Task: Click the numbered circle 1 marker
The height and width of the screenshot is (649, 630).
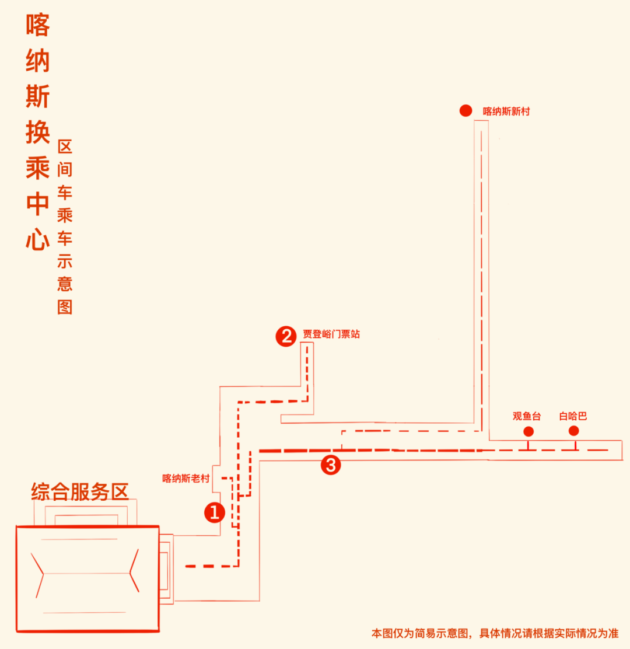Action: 214,512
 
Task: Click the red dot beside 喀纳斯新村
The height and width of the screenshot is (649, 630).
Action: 465,111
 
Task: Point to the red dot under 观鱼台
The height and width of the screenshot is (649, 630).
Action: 528,431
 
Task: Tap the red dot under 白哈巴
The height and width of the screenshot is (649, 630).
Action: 573,431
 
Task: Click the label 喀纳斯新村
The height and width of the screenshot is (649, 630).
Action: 506,111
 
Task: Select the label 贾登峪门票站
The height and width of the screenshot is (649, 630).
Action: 331,334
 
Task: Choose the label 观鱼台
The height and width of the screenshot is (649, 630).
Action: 527,416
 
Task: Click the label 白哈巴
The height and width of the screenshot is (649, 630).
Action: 573,416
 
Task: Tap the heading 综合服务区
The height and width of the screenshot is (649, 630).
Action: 80,491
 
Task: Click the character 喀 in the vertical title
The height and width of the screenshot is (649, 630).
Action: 38,25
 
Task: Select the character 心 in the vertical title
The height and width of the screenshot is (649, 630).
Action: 37,239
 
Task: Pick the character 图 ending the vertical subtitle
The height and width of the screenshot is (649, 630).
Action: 65,307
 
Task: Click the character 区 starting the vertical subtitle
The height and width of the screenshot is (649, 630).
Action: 65,146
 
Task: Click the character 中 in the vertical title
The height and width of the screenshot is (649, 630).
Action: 38,203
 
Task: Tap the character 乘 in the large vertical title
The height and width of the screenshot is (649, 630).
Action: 38,168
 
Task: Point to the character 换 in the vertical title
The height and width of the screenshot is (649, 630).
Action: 38,132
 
